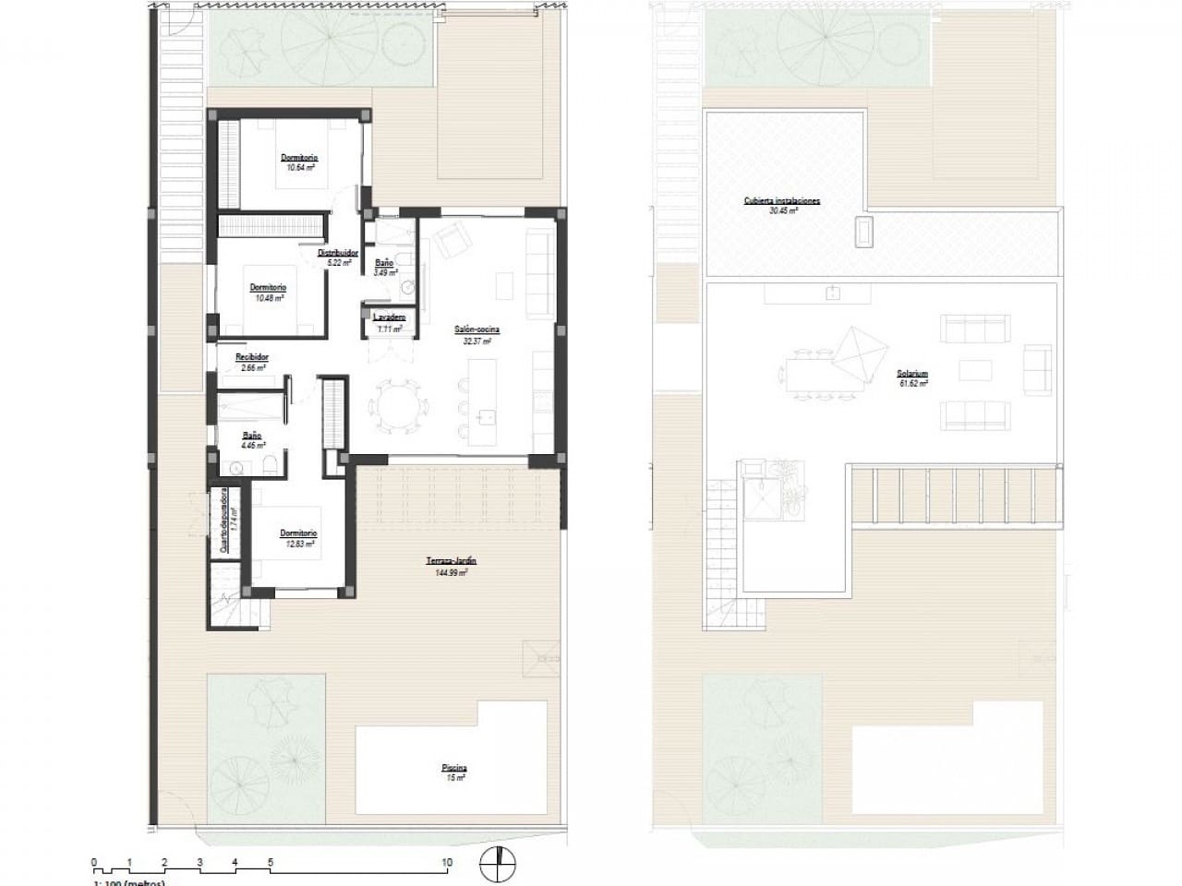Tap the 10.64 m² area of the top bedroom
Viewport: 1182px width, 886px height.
pos(299,169)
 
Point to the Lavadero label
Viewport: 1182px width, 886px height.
pos(388,317)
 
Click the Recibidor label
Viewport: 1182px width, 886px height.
pos(252,356)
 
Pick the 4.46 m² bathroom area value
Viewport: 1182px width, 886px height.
pos(252,446)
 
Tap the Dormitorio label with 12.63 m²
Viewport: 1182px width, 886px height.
pos(298,533)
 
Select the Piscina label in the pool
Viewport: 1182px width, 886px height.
pos(453,767)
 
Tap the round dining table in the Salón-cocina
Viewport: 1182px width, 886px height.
pos(398,405)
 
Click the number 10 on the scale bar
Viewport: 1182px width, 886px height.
pos(447,863)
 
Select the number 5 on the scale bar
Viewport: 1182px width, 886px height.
pos(270,863)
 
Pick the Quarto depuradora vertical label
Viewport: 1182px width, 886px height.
pos(223,522)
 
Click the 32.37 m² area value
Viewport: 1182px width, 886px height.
pos(476,341)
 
